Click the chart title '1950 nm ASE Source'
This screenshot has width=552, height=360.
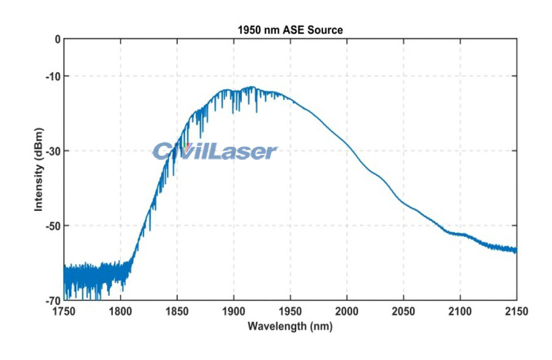point(290,29)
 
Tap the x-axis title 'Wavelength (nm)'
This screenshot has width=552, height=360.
point(290,326)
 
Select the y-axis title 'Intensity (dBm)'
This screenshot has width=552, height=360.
point(39,170)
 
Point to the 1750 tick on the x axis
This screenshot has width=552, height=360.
point(64,311)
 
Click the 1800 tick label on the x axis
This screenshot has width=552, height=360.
point(121,311)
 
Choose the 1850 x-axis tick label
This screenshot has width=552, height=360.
point(177,311)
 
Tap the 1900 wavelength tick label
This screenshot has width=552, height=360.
point(234,311)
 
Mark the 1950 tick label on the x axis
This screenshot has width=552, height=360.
point(290,311)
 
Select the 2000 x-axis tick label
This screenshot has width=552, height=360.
point(347,311)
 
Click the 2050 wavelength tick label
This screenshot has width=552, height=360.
point(404,311)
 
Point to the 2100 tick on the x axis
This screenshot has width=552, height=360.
point(460,311)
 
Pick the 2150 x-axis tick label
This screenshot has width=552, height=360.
point(516,311)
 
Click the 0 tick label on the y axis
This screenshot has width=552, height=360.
point(57,39)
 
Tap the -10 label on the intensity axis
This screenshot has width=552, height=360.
point(54,76)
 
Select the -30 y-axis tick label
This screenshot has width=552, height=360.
point(54,151)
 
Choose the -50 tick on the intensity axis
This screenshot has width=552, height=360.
point(54,226)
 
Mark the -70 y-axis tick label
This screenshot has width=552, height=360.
point(54,300)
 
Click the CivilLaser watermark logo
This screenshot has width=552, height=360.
point(214,151)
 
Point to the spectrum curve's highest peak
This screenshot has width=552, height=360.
point(252,88)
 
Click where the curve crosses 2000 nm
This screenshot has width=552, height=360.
point(347,144)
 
